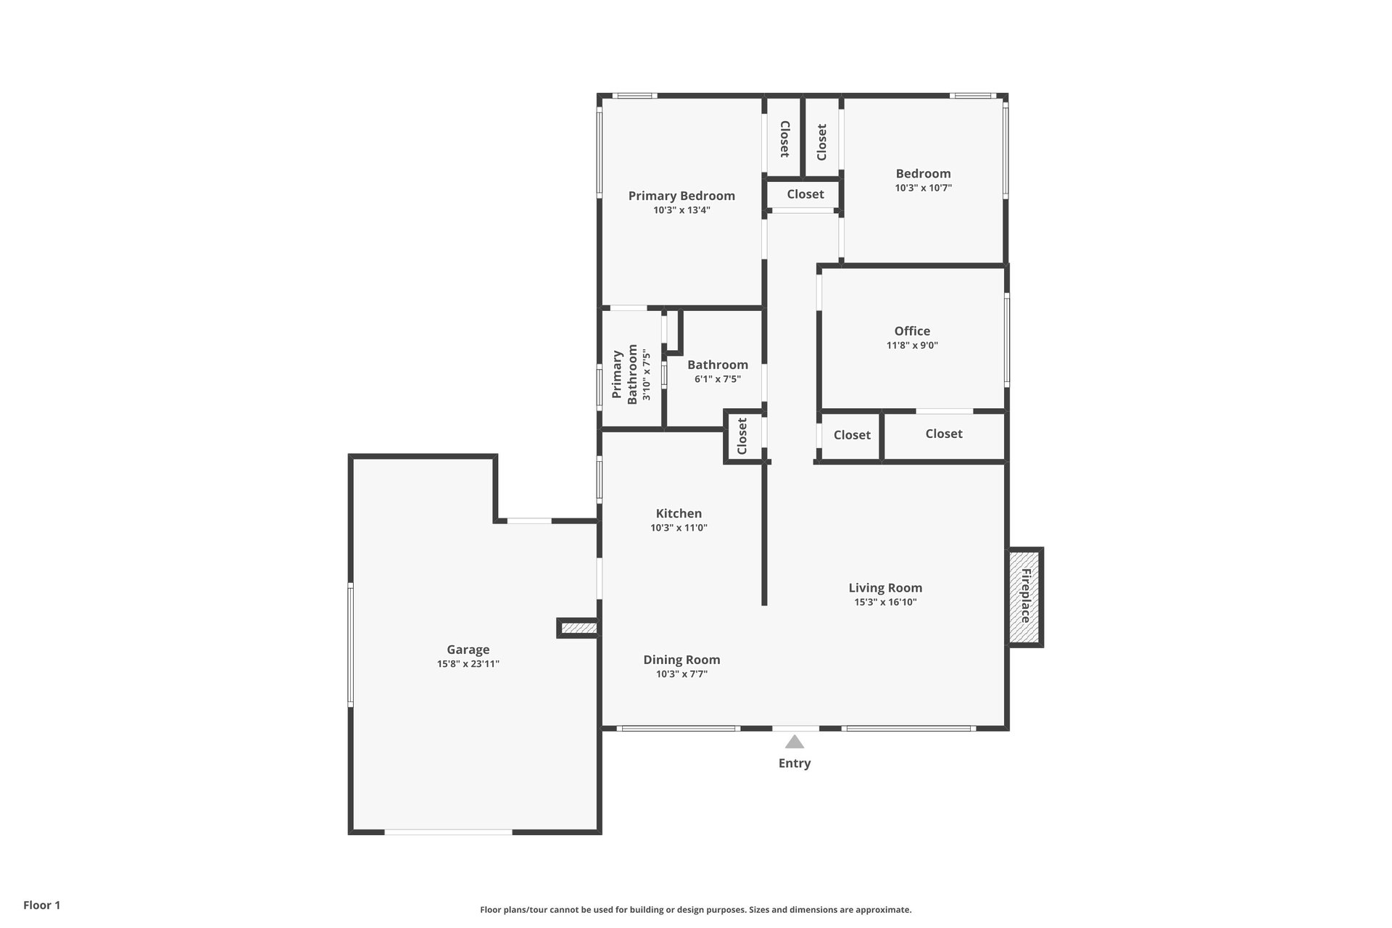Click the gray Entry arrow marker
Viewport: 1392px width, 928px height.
coord(795,742)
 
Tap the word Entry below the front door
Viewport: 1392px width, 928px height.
coord(795,763)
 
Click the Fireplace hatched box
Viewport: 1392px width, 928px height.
coord(1026,597)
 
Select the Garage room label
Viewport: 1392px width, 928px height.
coord(468,650)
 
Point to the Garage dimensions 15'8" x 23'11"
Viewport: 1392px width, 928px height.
coord(468,664)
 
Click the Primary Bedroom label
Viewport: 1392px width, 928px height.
coord(681,196)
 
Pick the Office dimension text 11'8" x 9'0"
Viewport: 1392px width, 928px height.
coord(912,346)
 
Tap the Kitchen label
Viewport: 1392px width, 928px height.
coord(679,514)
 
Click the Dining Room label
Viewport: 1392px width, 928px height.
coord(681,660)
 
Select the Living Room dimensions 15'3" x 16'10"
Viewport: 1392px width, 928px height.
coord(885,602)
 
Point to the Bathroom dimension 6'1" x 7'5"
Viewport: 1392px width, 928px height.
coord(718,379)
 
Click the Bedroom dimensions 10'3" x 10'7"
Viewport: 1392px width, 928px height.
coord(923,188)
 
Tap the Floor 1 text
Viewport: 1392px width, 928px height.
coord(42,905)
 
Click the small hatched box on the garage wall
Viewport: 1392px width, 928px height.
coord(579,628)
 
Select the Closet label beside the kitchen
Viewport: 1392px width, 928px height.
coord(742,436)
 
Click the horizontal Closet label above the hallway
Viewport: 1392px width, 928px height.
coord(805,194)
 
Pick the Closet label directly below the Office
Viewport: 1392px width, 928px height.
coord(944,434)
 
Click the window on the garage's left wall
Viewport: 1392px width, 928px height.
coord(350,645)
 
